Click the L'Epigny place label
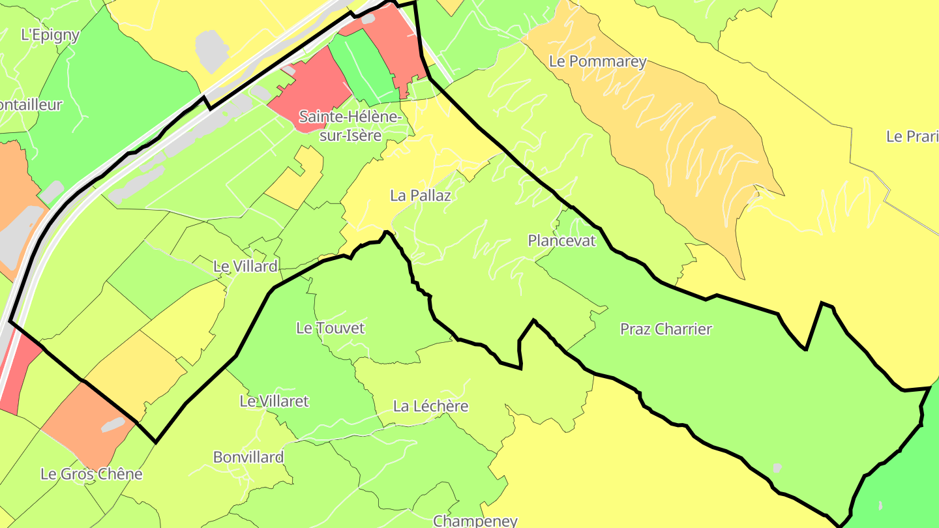pyautogui.click(x=50, y=35)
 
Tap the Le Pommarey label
pyautogui.click(x=597, y=62)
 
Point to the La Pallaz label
pyautogui.click(x=421, y=195)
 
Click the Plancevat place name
pyautogui.click(x=561, y=241)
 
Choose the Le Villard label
pyautogui.click(x=245, y=266)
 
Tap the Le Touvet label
pyautogui.click(x=330, y=328)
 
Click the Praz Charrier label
pyautogui.click(x=666, y=329)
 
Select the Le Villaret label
pyautogui.click(x=274, y=401)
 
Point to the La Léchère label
pyautogui.click(x=430, y=406)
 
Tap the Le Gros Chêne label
pyautogui.click(x=91, y=474)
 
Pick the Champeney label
pyautogui.click(x=475, y=521)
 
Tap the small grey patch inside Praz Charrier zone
pyautogui.click(x=776, y=467)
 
